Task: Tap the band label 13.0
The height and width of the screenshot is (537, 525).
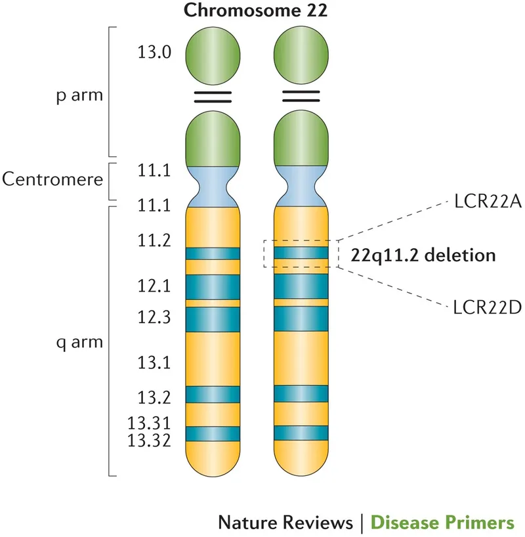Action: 155,53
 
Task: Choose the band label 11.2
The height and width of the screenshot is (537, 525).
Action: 155,241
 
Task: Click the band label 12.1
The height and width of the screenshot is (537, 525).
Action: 155,286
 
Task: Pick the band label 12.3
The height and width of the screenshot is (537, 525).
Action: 155,317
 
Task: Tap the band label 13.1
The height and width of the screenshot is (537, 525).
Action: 155,362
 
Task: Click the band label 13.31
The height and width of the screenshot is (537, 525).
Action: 150,425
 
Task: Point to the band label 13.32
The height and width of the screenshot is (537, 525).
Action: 150,440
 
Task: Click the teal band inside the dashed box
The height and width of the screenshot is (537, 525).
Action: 301,253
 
